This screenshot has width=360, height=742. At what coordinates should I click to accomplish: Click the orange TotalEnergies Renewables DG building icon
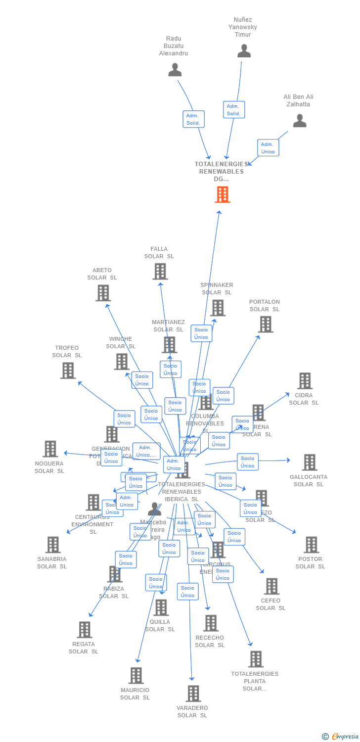223,194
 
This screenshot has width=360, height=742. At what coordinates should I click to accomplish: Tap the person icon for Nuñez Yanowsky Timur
244,51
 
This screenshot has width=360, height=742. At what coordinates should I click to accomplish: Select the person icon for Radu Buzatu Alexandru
175,70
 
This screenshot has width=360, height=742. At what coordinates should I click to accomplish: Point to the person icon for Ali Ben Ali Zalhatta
299,121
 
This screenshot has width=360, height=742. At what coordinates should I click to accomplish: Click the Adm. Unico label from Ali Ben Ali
268,148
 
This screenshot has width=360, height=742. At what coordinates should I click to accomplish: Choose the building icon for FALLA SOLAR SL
160,271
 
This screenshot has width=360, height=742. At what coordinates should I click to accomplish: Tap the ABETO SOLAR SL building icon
103,293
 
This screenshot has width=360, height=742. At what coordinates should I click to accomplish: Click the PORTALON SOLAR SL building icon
265,324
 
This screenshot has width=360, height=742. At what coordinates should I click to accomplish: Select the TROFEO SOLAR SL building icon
68,370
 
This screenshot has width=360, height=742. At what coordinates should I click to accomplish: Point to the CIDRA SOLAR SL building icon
305,380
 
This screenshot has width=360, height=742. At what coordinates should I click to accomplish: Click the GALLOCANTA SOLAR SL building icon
309,462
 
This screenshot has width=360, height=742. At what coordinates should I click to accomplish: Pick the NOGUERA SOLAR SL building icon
50,449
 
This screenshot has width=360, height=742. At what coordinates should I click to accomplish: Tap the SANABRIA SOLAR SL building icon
52,545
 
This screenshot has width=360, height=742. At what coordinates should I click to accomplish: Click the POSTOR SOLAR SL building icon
311,545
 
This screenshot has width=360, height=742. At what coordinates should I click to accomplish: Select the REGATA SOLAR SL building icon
85,630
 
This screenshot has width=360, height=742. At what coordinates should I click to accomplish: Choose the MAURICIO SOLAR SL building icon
135,675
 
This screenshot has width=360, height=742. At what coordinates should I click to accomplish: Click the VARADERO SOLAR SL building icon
193,693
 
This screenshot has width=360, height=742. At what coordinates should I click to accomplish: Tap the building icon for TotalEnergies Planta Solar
255,659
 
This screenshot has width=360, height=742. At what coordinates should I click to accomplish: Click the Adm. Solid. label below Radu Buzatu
193,119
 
